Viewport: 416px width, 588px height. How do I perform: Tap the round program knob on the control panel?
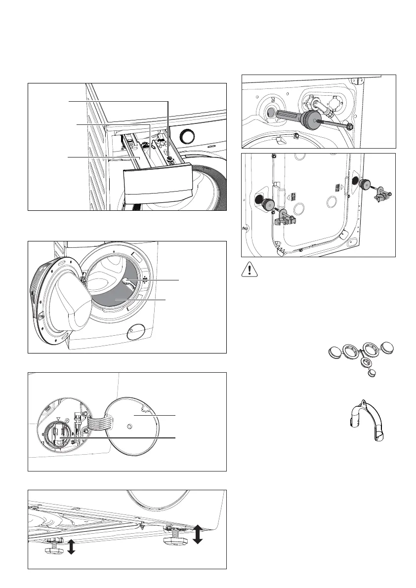click(x=187, y=136)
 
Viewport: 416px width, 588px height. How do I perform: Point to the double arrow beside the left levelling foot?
click(x=71, y=547)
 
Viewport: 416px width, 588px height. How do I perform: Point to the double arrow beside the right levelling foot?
click(x=198, y=534)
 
